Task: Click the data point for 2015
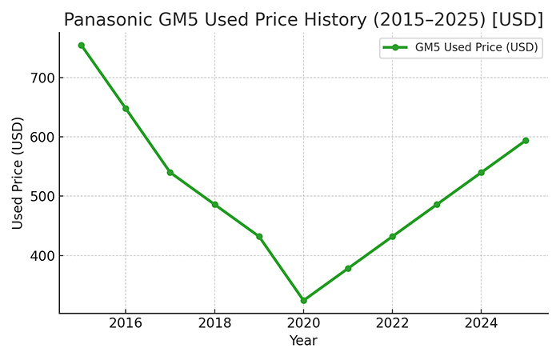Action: [x=81, y=45]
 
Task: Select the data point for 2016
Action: [x=126, y=108]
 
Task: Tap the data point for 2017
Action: [x=170, y=172]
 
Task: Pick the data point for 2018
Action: [x=214, y=204]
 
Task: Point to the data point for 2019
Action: [x=259, y=236]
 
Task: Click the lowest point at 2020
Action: [x=303, y=300]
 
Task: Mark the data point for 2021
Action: [x=348, y=268]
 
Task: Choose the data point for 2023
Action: [x=437, y=204]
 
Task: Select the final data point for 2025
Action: [x=526, y=140]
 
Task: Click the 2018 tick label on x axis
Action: [x=214, y=323]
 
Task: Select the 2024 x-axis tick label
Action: [x=481, y=323]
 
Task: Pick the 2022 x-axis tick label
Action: [x=392, y=323]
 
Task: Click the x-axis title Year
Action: [x=303, y=341]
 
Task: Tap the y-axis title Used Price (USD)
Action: [x=18, y=173]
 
